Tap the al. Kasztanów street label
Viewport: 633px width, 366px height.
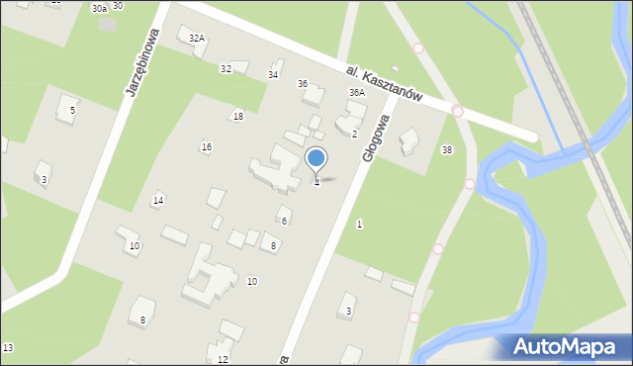[x=385, y=85]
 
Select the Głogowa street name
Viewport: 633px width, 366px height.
[x=377, y=137]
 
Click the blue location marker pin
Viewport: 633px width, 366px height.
[x=316, y=159]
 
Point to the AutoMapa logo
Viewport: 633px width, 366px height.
[x=565, y=346]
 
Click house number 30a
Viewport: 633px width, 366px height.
[x=98, y=8]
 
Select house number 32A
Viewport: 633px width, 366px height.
[x=197, y=39]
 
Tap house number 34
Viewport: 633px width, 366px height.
[x=273, y=75]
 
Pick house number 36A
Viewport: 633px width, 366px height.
[x=356, y=92]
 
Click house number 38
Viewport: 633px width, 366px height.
[x=447, y=150]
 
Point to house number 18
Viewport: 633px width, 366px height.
[x=237, y=117]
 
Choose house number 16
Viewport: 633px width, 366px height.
[x=206, y=147]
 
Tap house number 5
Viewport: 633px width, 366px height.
[x=72, y=110]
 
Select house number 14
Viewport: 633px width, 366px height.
[x=157, y=201]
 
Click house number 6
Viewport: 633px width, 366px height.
[x=284, y=221]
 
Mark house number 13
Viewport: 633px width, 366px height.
[x=8, y=348]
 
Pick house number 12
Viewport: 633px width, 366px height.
[x=223, y=359]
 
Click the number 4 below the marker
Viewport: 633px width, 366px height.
[x=316, y=183]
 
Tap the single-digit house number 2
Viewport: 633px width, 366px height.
[x=354, y=134]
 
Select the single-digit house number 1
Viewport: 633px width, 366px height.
[x=359, y=225]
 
